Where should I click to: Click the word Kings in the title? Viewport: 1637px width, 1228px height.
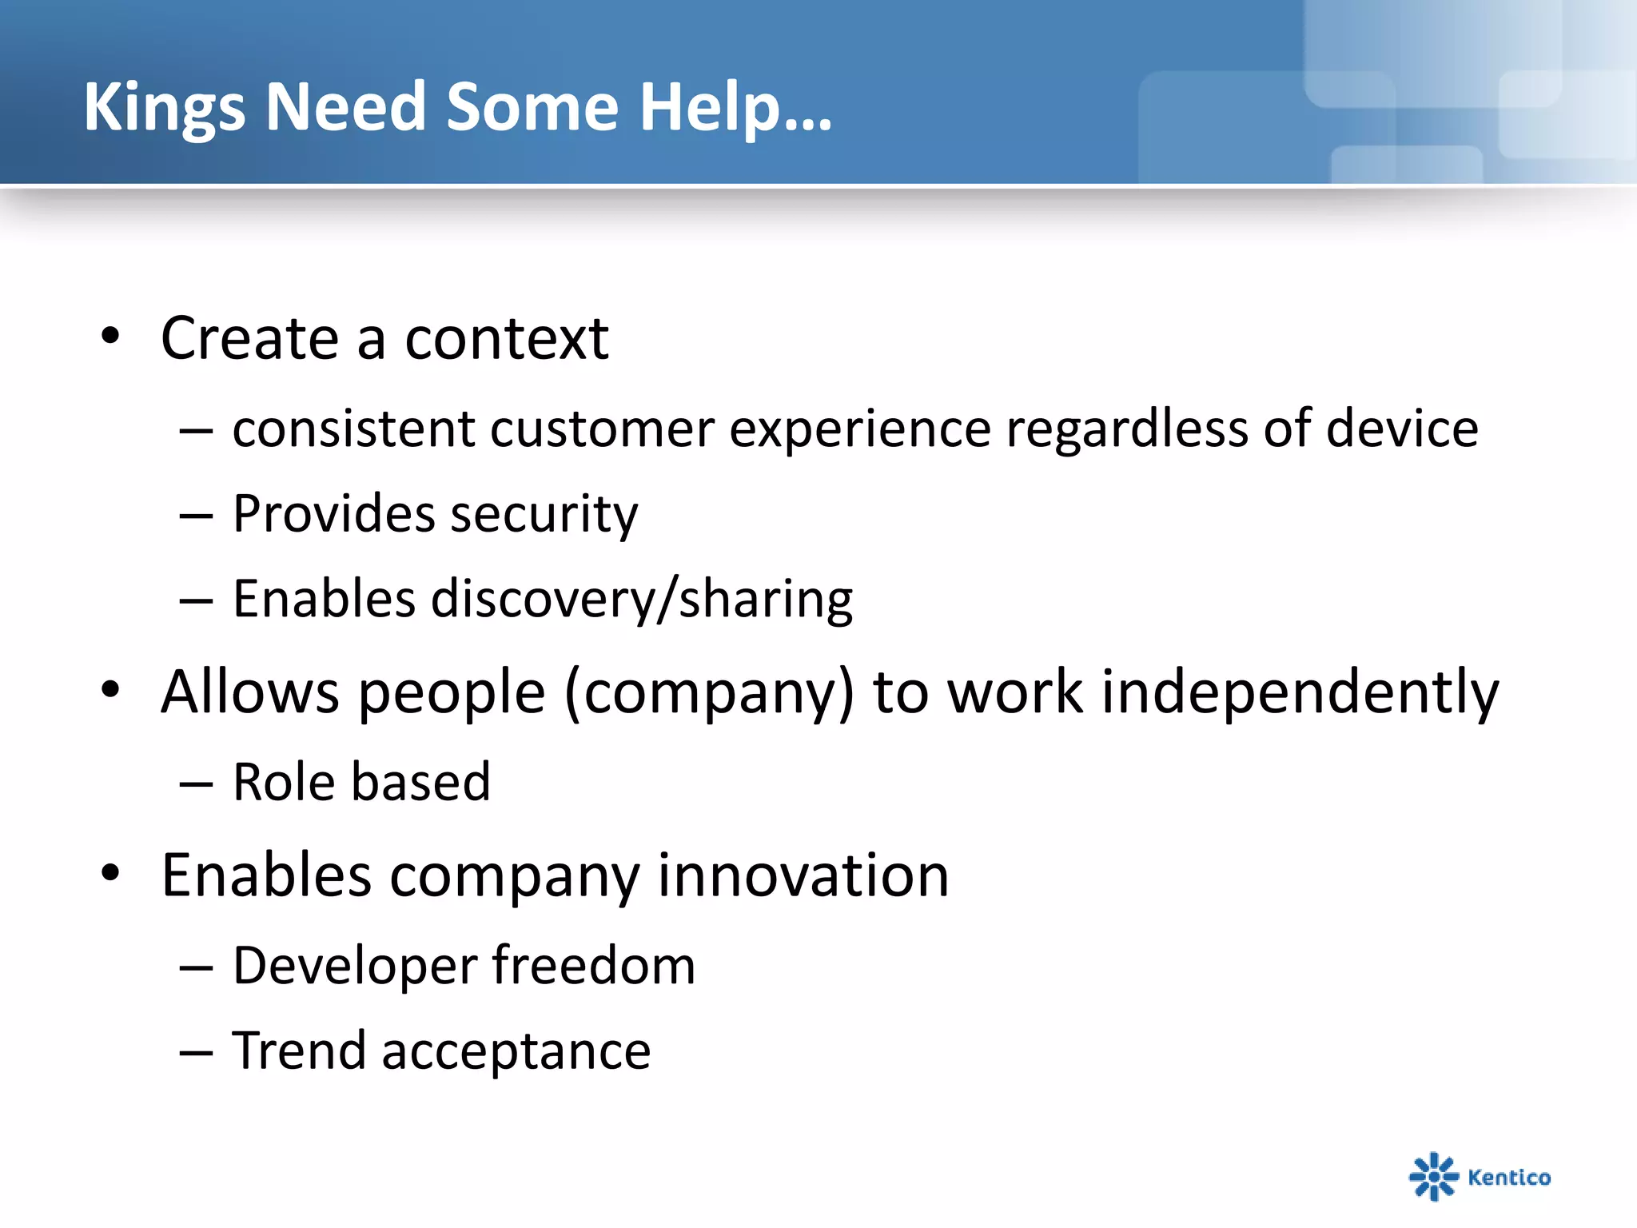pyautogui.click(x=164, y=108)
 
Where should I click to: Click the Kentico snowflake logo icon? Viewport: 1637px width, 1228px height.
pyautogui.click(x=1433, y=1176)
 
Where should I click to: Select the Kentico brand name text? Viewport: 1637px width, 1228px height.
pyautogui.click(x=1509, y=1177)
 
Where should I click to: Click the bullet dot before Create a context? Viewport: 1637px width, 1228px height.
pyautogui.click(x=110, y=337)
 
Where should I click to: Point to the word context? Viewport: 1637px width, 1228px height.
pyautogui.click(x=507, y=339)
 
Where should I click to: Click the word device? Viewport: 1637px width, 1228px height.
pyautogui.click(x=1402, y=429)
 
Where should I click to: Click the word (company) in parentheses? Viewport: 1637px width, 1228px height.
pyautogui.click(x=709, y=692)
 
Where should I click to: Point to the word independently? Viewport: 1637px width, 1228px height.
pyautogui.click(x=1300, y=692)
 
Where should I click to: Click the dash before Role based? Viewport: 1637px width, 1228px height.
pyautogui.click(x=196, y=784)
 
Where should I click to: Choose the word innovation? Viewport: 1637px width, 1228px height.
pyautogui.click(x=803, y=875)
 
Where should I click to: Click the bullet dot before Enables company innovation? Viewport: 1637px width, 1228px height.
pyautogui.click(x=110, y=873)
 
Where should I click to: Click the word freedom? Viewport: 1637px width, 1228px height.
pyautogui.click(x=593, y=966)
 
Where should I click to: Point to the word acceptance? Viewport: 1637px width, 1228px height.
pyautogui.click(x=516, y=1052)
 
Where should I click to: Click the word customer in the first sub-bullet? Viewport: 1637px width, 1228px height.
pyautogui.click(x=601, y=429)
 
